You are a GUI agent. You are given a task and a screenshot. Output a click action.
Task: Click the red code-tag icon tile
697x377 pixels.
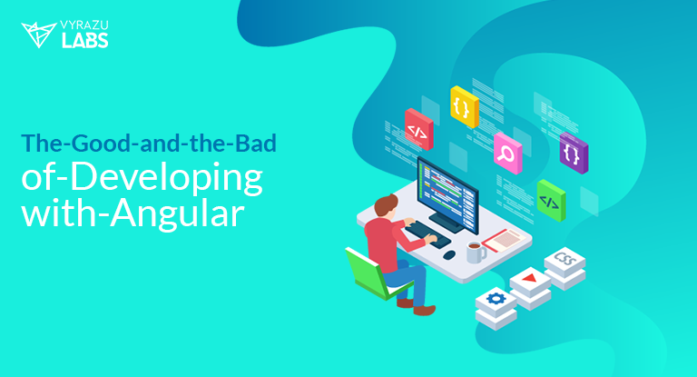417,128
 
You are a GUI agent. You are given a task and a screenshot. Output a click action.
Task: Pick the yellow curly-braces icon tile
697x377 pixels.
463,105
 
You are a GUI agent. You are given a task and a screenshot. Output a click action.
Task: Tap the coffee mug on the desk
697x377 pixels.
476,253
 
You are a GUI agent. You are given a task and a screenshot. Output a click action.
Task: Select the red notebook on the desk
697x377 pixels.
505,240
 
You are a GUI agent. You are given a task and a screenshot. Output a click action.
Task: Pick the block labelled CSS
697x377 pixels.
565,260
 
